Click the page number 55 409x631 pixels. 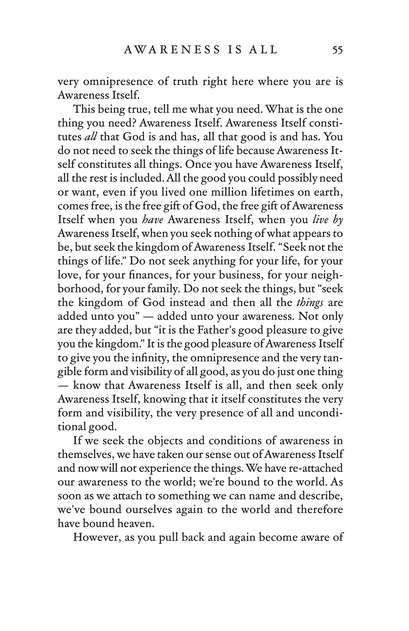point(337,50)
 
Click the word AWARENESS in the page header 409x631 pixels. point(172,50)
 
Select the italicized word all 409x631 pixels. point(91,137)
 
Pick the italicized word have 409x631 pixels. point(153,220)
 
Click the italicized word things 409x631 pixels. point(310,303)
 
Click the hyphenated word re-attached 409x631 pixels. point(315,468)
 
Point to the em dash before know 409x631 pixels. point(63,385)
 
